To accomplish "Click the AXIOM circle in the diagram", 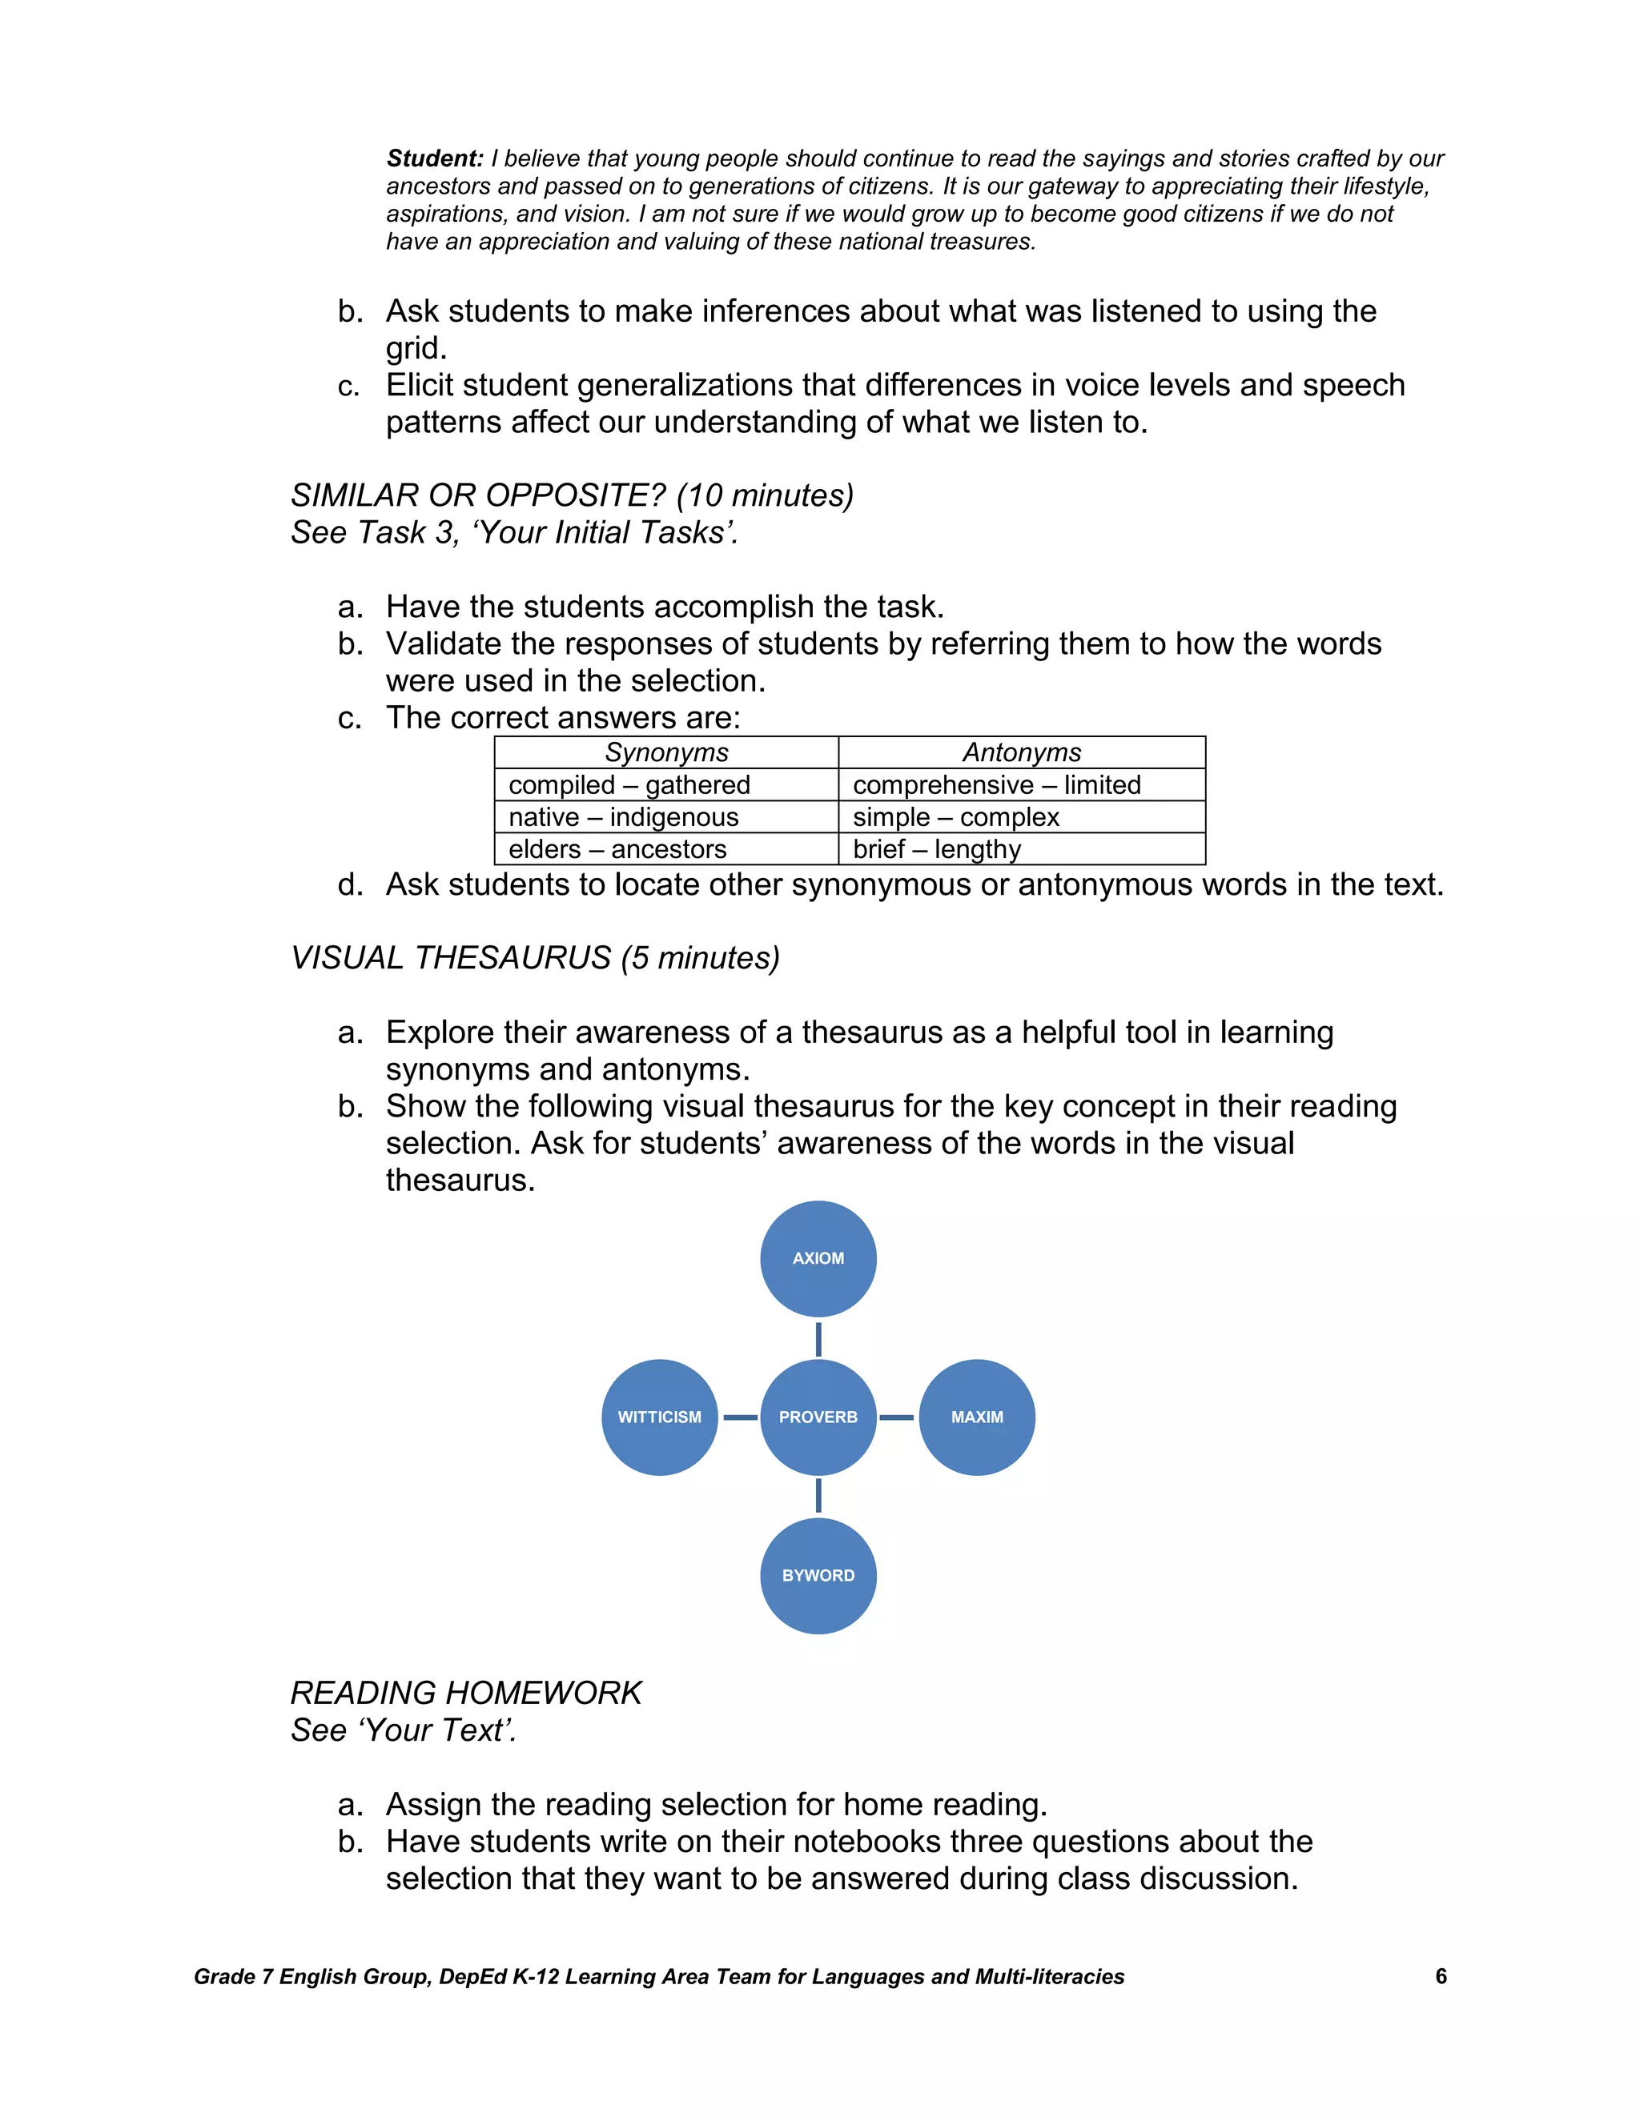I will click(x=818, y=1259).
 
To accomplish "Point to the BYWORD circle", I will click(x=818, y=1575).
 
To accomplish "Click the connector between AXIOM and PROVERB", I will click(x=818, y=1338).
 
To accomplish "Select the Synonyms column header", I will click(x=666, y=752).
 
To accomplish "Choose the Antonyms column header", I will click(x=1021, y=752).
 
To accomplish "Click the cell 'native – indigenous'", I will click(x=624, y=816).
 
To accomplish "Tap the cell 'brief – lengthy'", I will click(x=937, y=848).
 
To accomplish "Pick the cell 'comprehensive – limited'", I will click(x=997, y=784).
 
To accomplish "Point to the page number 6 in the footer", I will click(x=1441, y=1976).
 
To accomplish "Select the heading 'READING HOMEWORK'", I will click(x=466, y=1693).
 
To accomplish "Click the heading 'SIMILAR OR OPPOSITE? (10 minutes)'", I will click(x=573, y=495).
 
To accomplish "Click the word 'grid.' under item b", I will click(x=416, y=347).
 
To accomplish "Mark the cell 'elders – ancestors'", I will click(x=618, y=848).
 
